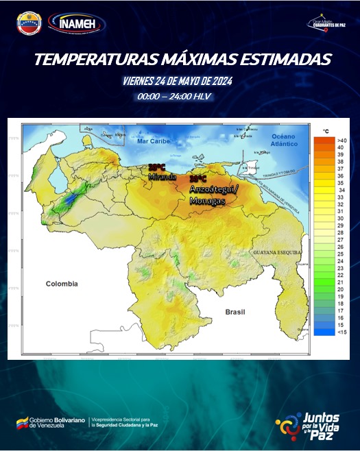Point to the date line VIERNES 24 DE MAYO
click(x=178, y=81)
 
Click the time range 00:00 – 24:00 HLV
click(x=174, y=96)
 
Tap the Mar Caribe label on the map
click(x=152, y=141)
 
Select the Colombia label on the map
click(x=62, y=283)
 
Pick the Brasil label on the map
click(x=235, y=312)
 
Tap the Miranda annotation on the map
click(x=162, y=176)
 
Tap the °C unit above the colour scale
click(x=326, y=130)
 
